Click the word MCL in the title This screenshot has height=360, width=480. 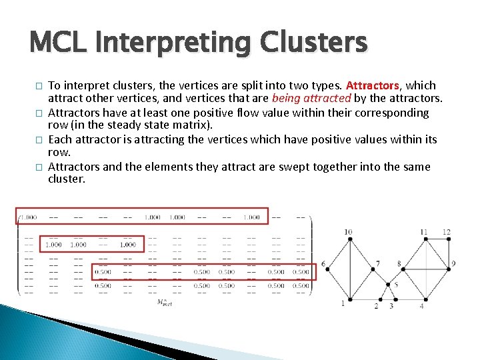point(61,43)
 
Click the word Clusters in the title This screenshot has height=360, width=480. point(313,43)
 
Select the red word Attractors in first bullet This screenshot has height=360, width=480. point(372,85)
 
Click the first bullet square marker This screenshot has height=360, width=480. point(37,86)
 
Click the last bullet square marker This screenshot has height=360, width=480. point(37,167)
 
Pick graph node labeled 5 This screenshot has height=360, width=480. point(389,285)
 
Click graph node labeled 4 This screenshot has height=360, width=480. point(421,300)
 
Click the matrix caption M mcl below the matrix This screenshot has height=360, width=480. point(164,302)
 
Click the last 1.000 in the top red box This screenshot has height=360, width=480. point(251,217)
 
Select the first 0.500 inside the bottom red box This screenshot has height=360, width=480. point(103,271)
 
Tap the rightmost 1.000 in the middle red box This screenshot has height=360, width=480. point(127,245)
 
